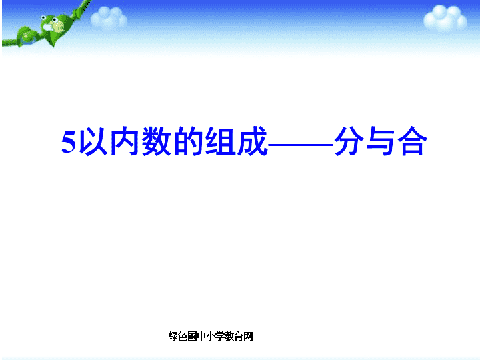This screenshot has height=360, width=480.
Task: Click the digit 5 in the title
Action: pos(69,142)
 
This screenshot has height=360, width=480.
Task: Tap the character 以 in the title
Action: pos(93,141)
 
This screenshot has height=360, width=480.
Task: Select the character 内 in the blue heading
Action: pos(124,141)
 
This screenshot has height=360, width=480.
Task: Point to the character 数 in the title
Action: pos(156,141)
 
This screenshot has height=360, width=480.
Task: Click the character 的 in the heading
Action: pos(188,141)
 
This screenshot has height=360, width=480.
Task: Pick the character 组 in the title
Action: pos(220,141)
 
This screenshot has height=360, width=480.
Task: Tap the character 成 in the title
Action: pos(251,141)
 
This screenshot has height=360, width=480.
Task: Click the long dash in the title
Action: pos(301,144)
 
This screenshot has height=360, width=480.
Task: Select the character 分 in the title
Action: pos(349,141)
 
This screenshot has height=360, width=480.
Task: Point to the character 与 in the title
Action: pos(381,141)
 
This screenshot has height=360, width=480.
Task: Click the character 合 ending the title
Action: pos(413,141)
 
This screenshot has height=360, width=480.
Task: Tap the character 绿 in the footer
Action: pos(173,336)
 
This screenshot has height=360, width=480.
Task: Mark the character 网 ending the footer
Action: pos(248,336)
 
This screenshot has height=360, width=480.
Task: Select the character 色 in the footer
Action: pos(183,336)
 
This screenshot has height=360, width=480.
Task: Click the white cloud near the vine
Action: pos(109,17)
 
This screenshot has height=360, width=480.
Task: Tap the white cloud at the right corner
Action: pos(445,19)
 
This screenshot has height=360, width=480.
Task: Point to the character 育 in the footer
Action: pos(239,336)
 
